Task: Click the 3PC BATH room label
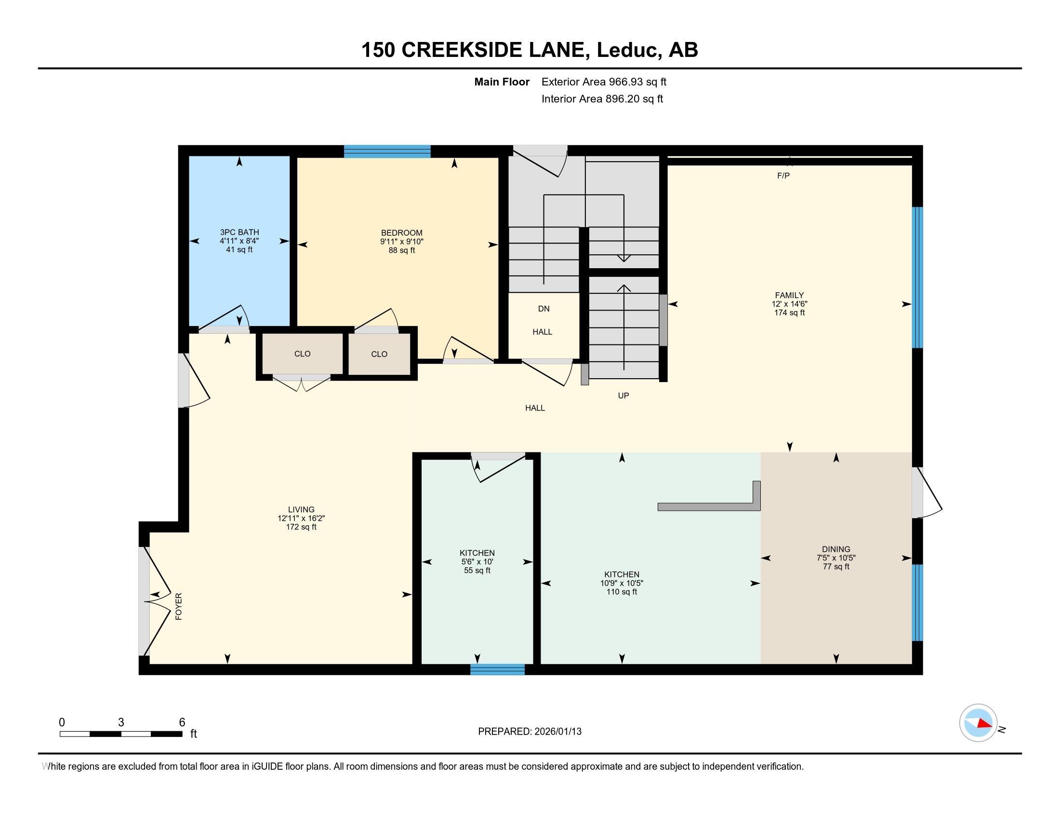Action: (239, 232)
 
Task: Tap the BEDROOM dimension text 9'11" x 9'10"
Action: (401, 242)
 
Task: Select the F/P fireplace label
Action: (783, 176)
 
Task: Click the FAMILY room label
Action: (789, 295)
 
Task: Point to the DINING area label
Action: (836, 549)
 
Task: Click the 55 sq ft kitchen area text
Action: (477, 570)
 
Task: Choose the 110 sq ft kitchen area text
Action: (621, 592)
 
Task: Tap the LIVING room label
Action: (301, 509)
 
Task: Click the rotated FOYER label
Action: (179, 606)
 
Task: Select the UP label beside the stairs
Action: (623, 396)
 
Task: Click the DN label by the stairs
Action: (543, 309)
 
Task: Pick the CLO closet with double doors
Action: (302, 354)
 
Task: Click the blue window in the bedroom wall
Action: (387, 151)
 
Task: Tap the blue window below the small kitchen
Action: (497, 670)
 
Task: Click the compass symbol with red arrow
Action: (978, 723)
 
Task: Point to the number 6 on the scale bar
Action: (182, 722)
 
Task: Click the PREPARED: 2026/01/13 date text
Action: (530, 731)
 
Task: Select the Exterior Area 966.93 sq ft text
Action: (604, 82)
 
